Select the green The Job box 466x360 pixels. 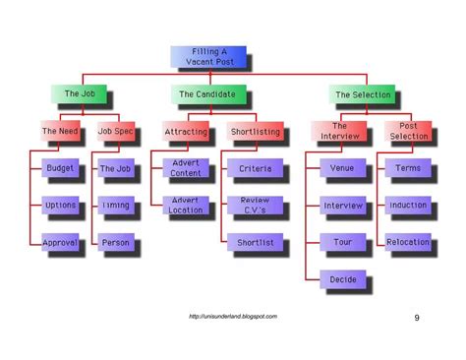click(78, 94)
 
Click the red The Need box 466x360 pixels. click(62, 131)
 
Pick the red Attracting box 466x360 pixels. click(187, 131)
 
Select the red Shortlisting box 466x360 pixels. click(254, 131)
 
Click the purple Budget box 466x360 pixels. click(61, 168)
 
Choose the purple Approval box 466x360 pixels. click(61, 241)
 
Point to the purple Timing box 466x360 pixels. click(116, 205)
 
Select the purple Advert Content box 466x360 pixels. click(187, 168)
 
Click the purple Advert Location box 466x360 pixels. click(187, 205)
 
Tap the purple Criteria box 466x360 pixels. click(256, 168)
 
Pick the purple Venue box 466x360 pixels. click(341, 168)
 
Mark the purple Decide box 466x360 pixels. click(341, 279)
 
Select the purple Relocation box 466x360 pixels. click(408, 241)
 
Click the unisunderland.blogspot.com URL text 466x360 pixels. click(233, 316)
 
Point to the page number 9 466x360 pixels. click(416, 317)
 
